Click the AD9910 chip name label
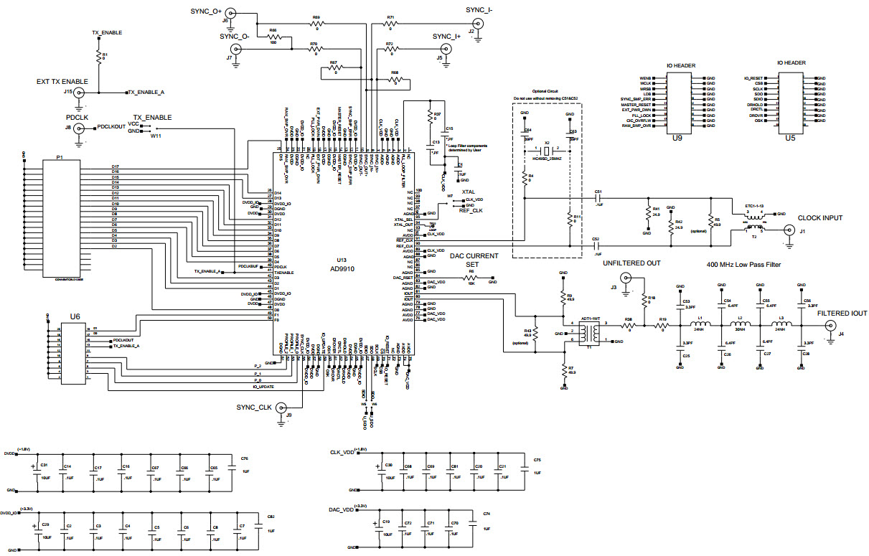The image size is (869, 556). coord(342,268)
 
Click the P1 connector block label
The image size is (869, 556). coord(60,156)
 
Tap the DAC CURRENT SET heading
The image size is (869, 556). coord(471,260)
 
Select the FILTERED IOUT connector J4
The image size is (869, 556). coord(832,326)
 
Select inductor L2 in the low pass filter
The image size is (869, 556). coord(740,325)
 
